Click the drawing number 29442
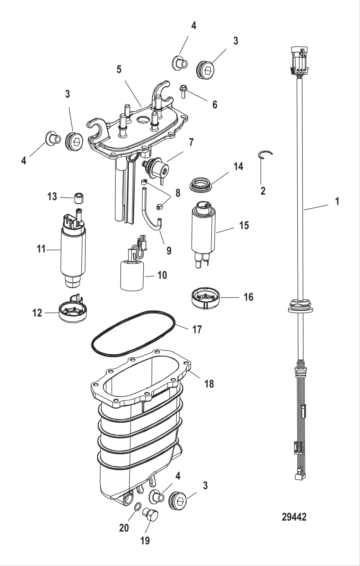[x=294, y=517]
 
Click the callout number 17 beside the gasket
[x=197, y=329]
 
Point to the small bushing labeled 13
[x=79, y=198]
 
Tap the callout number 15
[x=244, y=226]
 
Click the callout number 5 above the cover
[x=119, y=69]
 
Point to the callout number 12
[x=37, y=313]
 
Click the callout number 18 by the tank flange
[x=209, y=383]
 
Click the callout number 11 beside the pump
[x=41, y=249]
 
